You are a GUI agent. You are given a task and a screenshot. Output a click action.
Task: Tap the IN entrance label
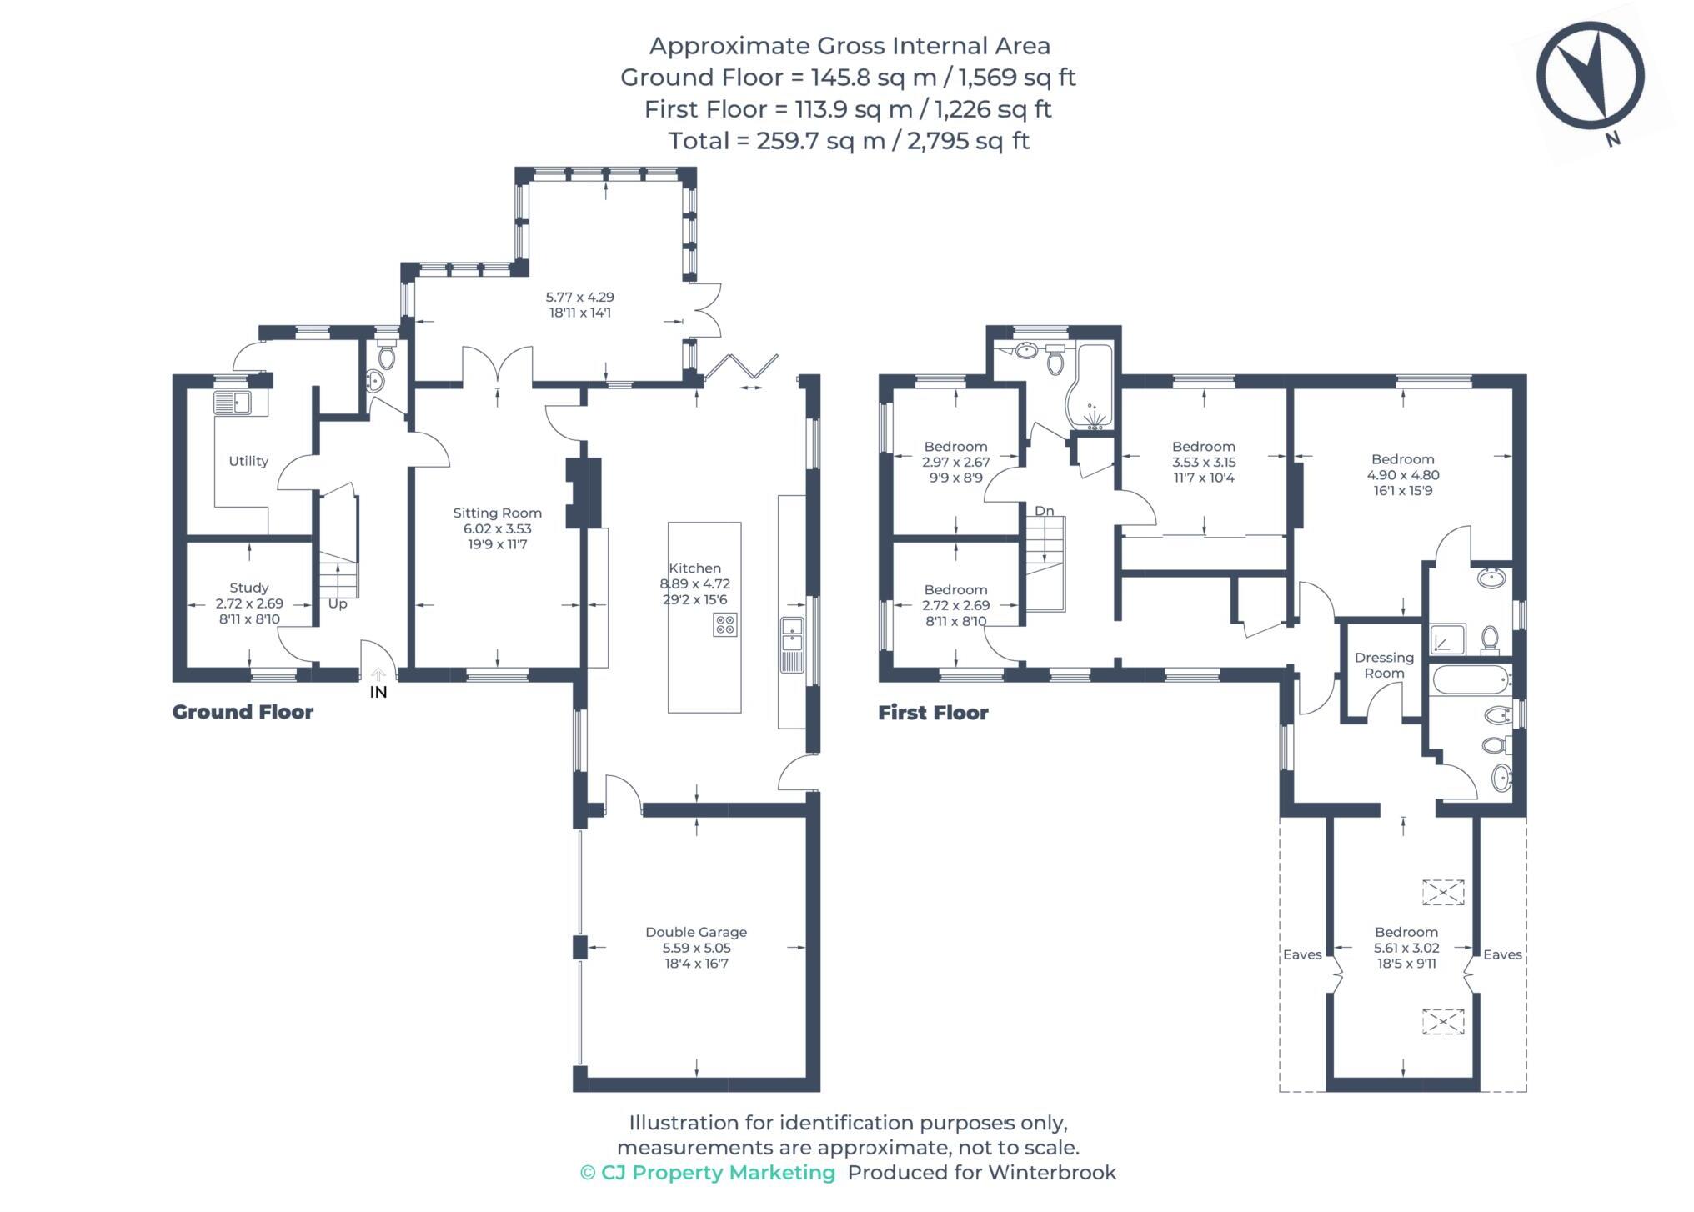(378, 692)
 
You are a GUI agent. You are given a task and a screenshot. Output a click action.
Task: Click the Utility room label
(248, 461)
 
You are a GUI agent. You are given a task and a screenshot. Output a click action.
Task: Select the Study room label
(249, 588)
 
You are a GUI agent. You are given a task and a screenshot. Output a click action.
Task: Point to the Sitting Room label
(497, 513)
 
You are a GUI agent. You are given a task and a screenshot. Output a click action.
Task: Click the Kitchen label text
(694, 568)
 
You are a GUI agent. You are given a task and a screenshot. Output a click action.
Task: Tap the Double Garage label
(696, 932)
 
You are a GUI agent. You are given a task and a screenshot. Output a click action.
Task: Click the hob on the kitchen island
(724, 624)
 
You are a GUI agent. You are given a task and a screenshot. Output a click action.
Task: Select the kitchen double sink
(791, 634)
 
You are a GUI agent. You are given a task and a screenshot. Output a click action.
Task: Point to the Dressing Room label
(1384, 665)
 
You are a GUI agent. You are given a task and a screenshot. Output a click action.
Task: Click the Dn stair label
(1044, 511)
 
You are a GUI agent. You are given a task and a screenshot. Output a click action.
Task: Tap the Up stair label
(338, 603)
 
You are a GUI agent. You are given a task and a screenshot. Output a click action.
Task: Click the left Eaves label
(1302, 954)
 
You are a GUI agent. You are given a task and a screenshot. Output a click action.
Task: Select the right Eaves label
(1502, 954)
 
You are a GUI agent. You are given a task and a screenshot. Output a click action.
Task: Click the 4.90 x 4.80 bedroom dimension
(1403, 475)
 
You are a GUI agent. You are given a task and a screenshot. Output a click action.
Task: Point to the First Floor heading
(933, 713)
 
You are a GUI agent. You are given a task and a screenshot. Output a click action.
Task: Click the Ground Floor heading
(243, 712)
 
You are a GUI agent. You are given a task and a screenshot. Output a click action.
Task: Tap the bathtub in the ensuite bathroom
(1471, 681)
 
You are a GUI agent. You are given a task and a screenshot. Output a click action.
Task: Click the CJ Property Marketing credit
(708, 1173)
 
